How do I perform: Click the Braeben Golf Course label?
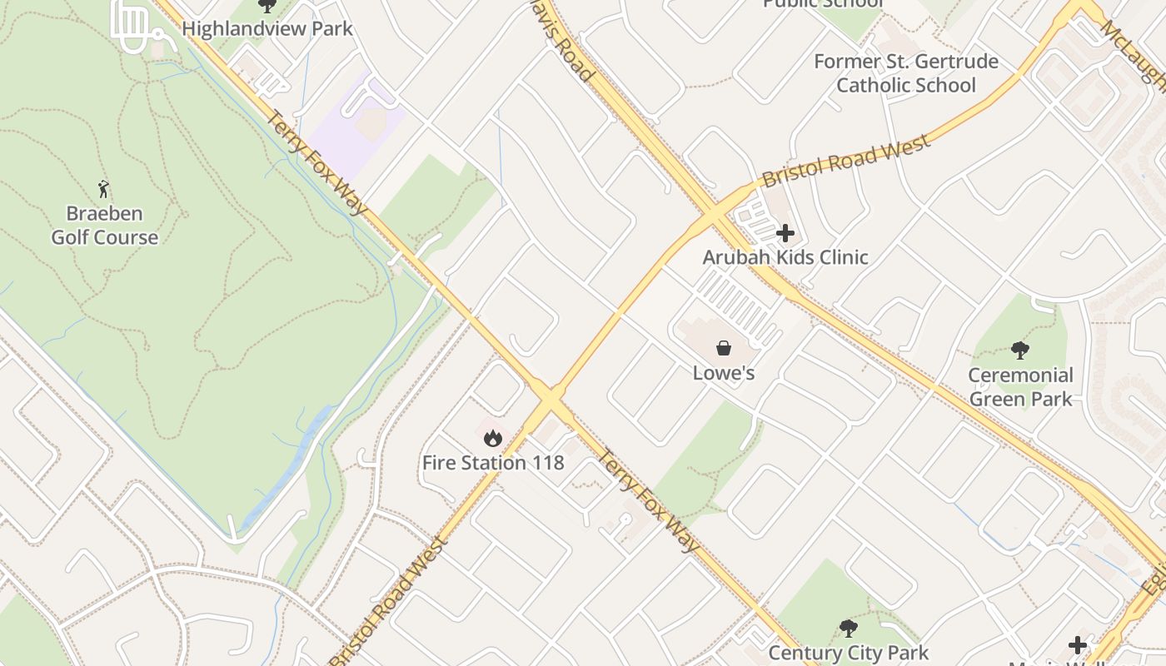pyautogui.click(x=105, y=226)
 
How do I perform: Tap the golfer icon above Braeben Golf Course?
pyautogui.click(x=103, y=189)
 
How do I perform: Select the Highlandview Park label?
pyautogui.click(x=267, y=28)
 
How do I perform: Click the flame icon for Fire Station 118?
pyautogui.click(x=493, y=437)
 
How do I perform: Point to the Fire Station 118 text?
pyautogui.click(x=493, y=463)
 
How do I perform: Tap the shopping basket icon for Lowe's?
pyautogui.click(x=724, y=348)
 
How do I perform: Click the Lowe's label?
pyautogui.click(x=724, y=373)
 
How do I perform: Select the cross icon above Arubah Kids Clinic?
pyautogui.click(x=785, y=233)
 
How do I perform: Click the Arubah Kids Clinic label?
pyautogui.click(x=785, y=257)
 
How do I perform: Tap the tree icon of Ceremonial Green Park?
pyautogui.click(x=1020, y=350)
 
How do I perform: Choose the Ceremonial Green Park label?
pyautogui.click(x=1020, y=387)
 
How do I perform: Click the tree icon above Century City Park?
pyautogui.click(x=848, y=628)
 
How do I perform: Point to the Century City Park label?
pyautogui.click(x=848, y=652)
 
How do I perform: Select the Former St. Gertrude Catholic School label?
pyautogui.click(x=906, y=73)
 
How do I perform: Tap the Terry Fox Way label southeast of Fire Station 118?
pyautogui.click(x=649, y=500)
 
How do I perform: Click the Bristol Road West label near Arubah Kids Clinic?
pyautogui.click(x=845, y=162)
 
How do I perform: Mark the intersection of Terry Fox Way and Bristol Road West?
pyautogui.click(x=550, y=400)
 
